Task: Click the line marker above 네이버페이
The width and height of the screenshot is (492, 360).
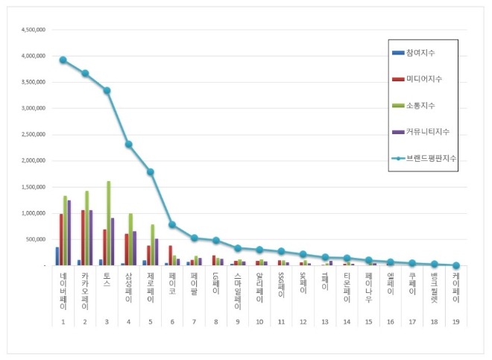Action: [63, 60]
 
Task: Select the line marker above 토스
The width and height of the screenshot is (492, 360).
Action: [107, 91]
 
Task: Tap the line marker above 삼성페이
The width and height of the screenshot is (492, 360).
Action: [129, 145]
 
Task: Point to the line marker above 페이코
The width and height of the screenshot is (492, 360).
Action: [172, 224]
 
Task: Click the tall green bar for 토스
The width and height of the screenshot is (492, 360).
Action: [109, 223]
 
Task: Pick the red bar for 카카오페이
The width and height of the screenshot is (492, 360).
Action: [83, 238]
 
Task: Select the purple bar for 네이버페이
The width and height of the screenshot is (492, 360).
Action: [69, 233]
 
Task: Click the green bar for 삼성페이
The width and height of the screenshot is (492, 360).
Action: [130, 239]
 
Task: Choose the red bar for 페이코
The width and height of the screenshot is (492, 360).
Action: [170, 255]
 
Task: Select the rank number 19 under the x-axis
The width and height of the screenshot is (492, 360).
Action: [455, 321]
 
